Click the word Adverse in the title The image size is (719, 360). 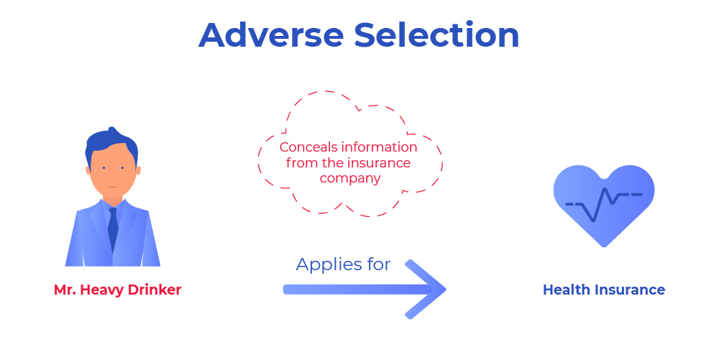(x=271, y=34)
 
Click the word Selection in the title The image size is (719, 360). (x=436, y=34)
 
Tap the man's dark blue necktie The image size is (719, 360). (x=113, y=229)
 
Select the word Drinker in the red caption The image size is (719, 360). (x=155, y=290)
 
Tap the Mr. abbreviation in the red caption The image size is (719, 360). (x=65, y=290)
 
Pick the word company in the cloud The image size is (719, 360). (x=350, y=179)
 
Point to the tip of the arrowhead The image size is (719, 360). (x=446, y=289)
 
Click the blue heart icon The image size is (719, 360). (x=604, y=206)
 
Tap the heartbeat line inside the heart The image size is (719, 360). (x=604, y=204)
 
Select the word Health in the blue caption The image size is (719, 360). (x=567, y=290)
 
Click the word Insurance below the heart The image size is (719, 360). (x=630, y=290)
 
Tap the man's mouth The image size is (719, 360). (x=113, y=187)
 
